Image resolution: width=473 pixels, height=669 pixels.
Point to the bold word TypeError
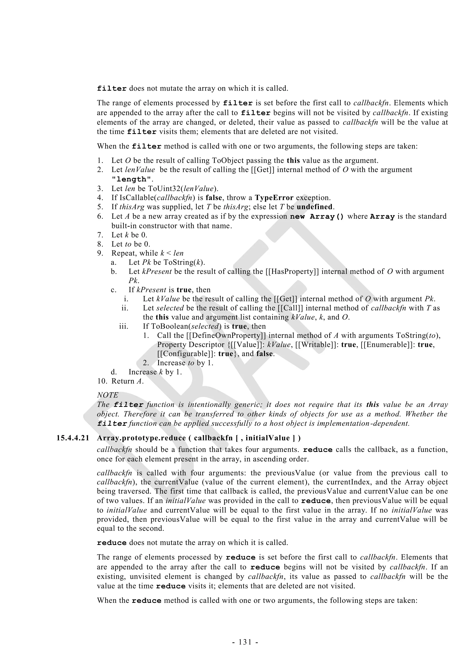274,198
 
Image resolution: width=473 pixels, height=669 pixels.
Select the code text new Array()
317,216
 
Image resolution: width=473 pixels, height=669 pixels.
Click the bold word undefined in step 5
315,207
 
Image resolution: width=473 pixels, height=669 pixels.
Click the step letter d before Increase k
114,372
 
